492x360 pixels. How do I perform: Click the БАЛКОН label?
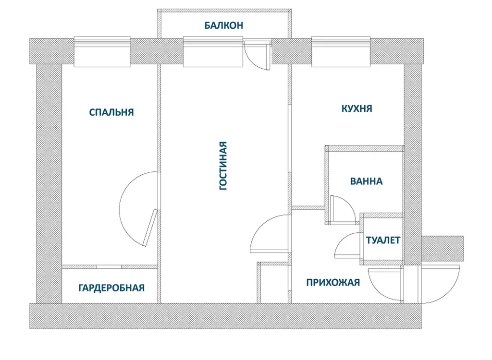pyautogui.click(x=224, y=25)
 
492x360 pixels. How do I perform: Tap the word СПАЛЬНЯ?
pyautogui.click(x=111, y=112)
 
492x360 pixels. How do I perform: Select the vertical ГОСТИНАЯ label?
pyautogui.click(x=223, y=166)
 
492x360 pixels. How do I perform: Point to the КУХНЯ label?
pyautogui.click(x=357, y=108)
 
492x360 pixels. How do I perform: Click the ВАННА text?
pyautogui.click(x=366, y=181)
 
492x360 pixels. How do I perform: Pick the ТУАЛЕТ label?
pyautogui.click(x=383, y=240)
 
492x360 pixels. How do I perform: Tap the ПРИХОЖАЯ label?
pyautogui.click(x=333, y=283)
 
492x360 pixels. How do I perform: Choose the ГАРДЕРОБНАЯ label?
pyautogui.click(x=111, y=288)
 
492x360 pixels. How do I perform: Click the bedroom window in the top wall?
pyautogui.click(x=102, y=52)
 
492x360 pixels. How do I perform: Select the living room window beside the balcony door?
pyautogui.click(x=213, y=52)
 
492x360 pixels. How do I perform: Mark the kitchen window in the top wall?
pyautogui.click(x=341, y=52)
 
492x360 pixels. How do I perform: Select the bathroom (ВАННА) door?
pyautogui.click(x=342, y=208)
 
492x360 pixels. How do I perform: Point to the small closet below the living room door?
pyautogui.click(x=273, y=283)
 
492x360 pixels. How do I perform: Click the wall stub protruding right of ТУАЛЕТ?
pyautogui.click(x=443, y=248)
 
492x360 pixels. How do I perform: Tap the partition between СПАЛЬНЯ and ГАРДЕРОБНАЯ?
pyautogui.click(x=110, y=267)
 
